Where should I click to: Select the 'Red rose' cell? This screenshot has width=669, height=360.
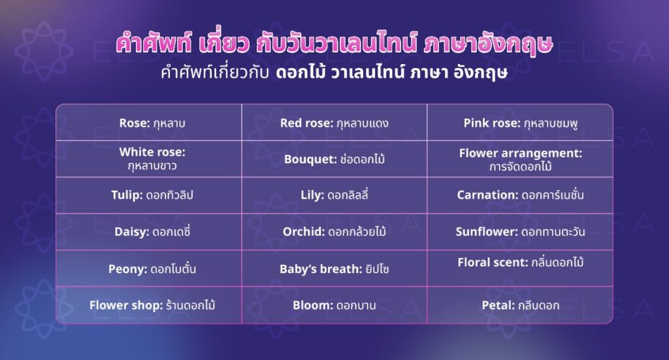point(334,123)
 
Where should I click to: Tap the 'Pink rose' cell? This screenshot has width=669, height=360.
point(520,123)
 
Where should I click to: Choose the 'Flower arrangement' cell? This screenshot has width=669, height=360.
point(520,159)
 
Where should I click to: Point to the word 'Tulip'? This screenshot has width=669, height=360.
point(125,195)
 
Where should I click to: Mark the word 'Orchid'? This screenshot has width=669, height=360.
point(304,232)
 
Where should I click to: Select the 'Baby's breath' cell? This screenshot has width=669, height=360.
point(334,269)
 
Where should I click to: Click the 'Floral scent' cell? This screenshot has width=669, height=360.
point(520,263)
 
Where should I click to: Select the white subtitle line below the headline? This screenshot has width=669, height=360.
point(334,72)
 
